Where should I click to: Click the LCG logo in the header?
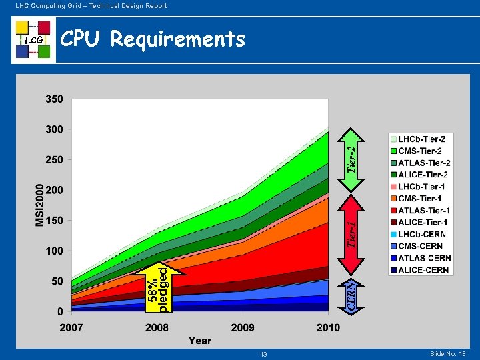pyautogui.click(x=33, y=40)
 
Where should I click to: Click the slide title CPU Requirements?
pyautogui.click(x=153, y=40)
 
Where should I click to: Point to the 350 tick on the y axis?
pyautogui.click(x=55, y=99)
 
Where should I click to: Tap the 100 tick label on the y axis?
pyautogui.click(x=55, y=251)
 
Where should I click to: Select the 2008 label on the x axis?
pyautogui.click(x=157, y=327)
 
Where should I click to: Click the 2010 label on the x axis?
pyautogui.click(x=327, y=327)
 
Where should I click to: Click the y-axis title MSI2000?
pyautogui.click(x=40, y=205)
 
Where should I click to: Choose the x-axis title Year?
pyautogui.click(x=199, y=341)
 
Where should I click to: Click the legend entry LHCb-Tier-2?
pyautogui.click(x=421, y=139)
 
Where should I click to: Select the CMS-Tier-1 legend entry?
pyautogui.click(x=421, y=198)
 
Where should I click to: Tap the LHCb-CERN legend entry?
pyautogui.click(x=421, y=234)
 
